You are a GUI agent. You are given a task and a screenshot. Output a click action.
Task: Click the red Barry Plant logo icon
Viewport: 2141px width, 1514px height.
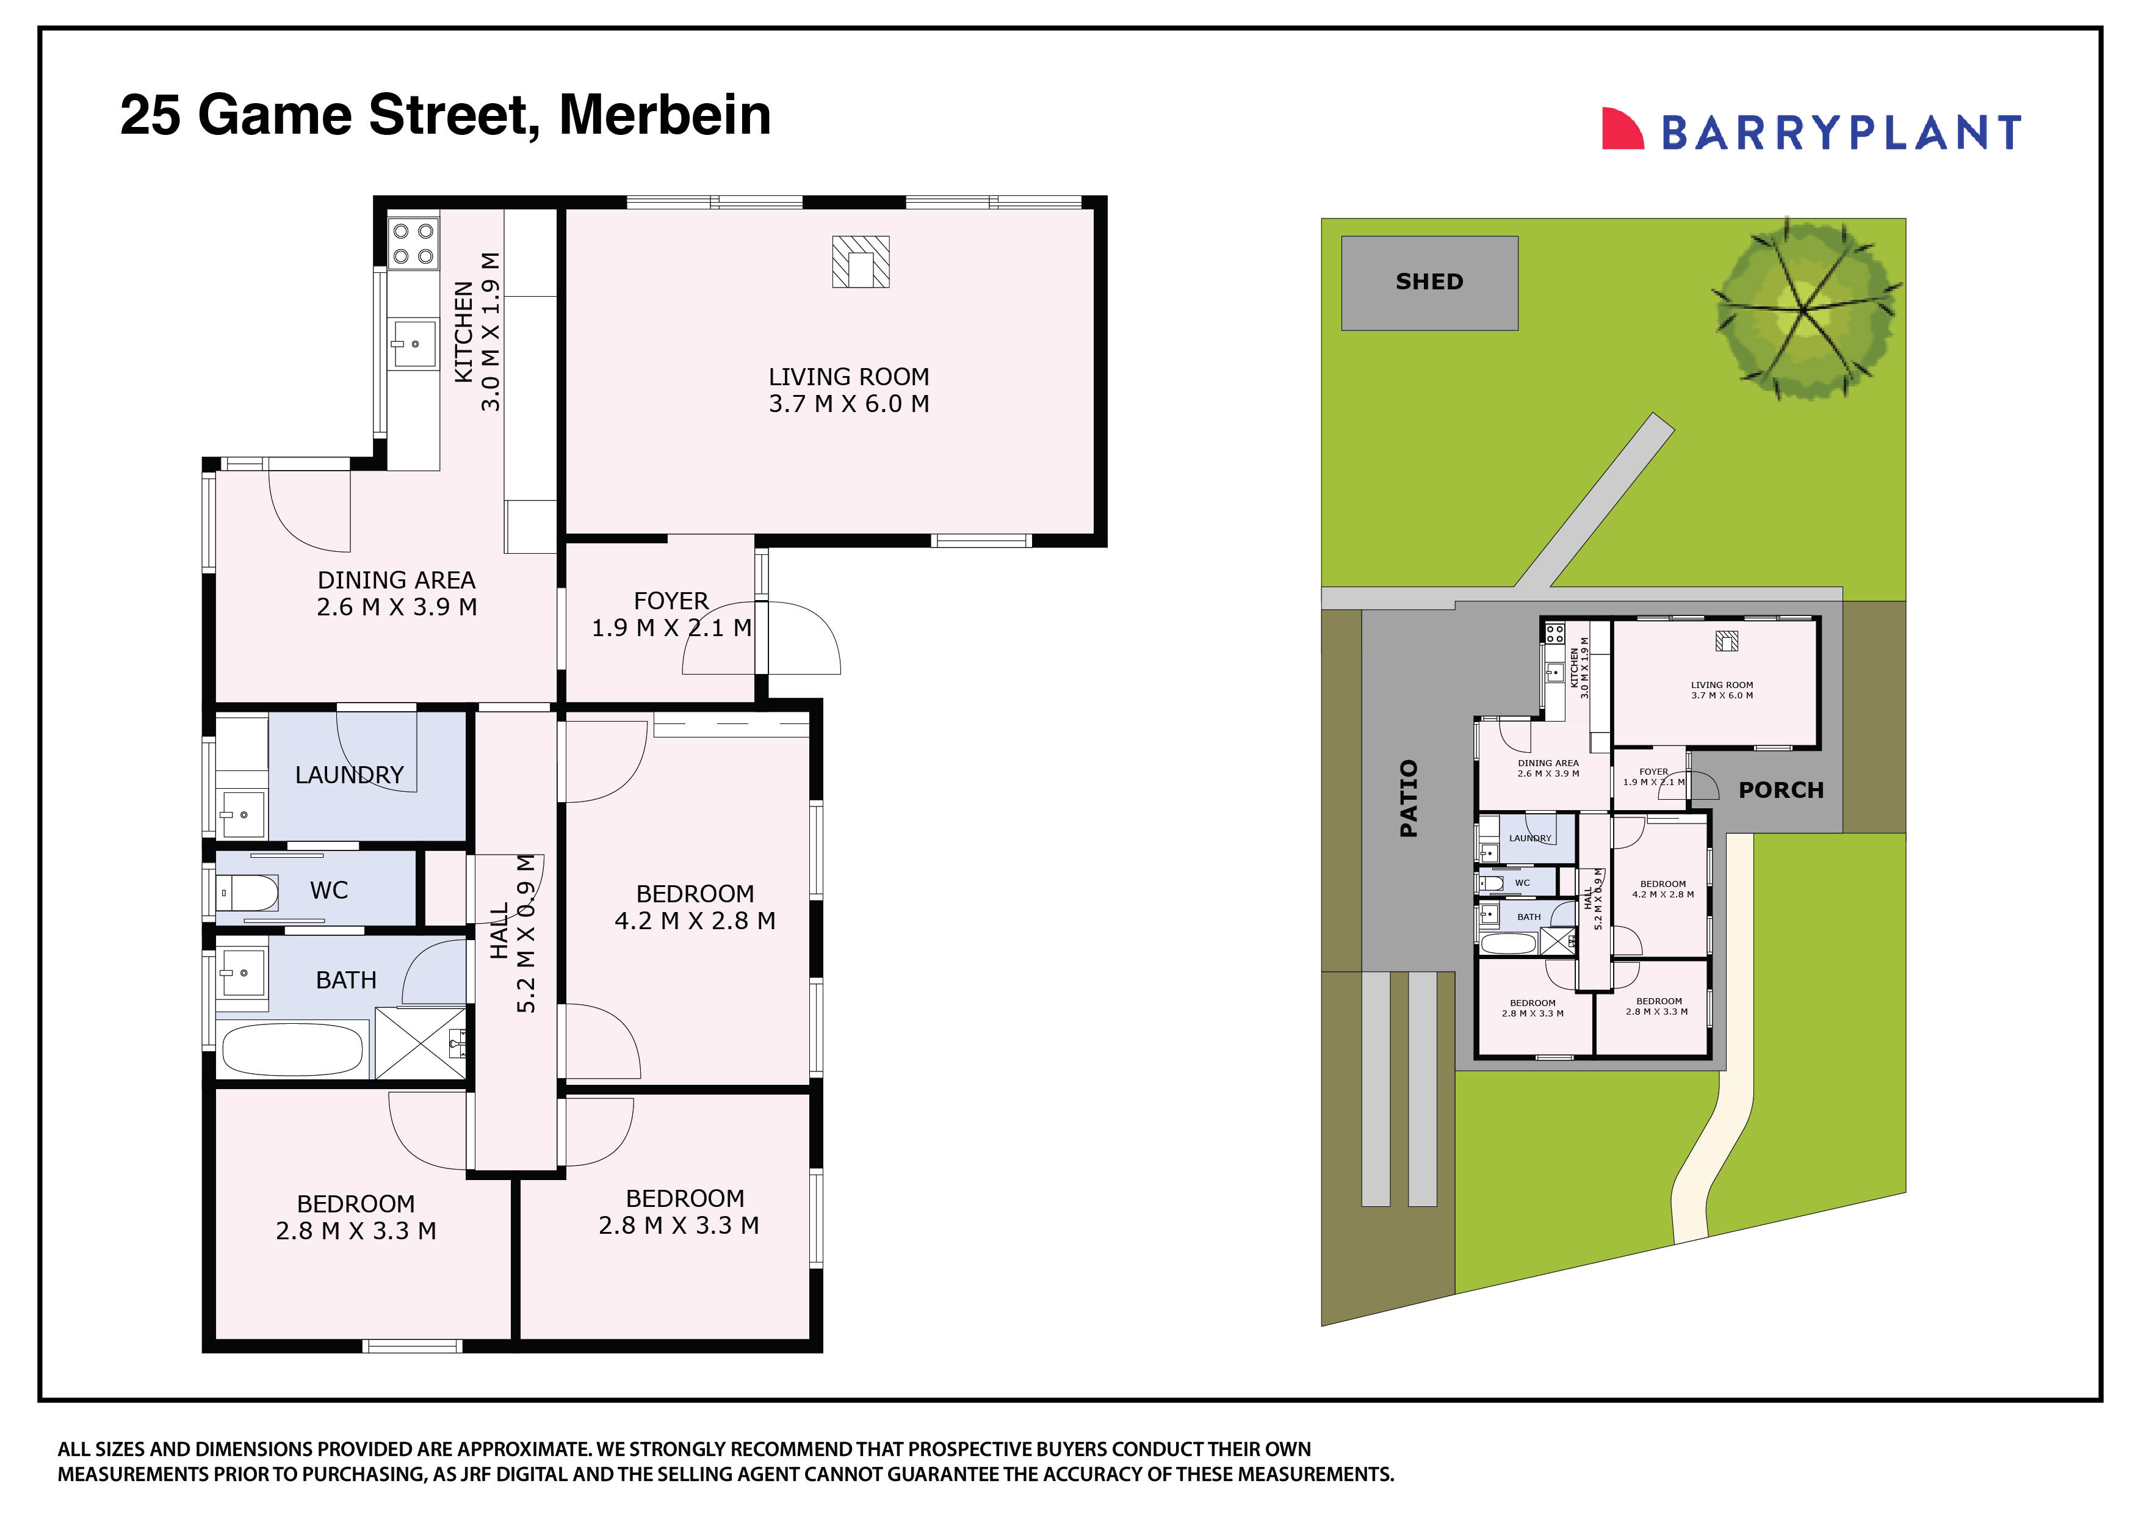(1622, 129)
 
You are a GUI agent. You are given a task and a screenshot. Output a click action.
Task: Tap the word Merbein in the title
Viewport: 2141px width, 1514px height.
(664, 115)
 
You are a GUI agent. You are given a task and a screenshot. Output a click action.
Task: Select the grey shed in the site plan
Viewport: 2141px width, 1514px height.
(1429, 283)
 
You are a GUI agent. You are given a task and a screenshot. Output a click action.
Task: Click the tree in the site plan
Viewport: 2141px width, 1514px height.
(1806, 309)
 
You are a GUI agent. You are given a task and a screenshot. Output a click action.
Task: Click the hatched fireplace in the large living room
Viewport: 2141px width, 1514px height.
(860, 261)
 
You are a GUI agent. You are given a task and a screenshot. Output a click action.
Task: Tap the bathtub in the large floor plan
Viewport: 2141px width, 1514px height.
(291, 1049)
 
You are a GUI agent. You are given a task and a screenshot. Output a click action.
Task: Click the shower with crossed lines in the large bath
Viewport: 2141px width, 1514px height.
(421, 1043)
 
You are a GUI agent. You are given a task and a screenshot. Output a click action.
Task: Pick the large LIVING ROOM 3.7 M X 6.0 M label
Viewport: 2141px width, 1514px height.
(848, 390)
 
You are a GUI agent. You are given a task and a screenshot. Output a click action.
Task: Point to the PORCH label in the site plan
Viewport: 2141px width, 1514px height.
(1780, 790)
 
